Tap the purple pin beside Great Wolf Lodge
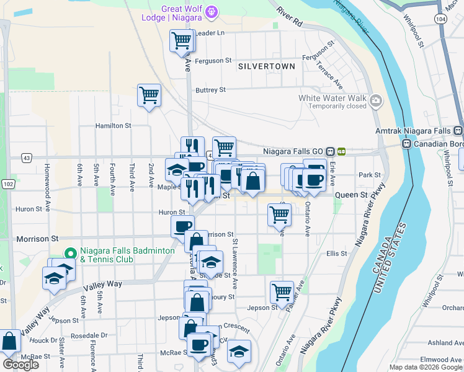coord(212,12)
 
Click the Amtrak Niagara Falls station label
coord(414,131)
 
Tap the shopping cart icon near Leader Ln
coord(181,41)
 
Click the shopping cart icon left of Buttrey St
coord(149,95)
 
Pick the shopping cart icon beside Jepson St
coord(282,291)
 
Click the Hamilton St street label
coord(113,125)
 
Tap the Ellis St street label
coord(336,254)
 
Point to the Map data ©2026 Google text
coord(424,367)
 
